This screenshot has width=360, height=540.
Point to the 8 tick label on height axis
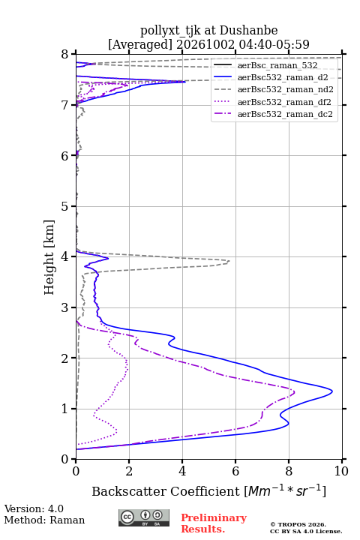pyautogui.click(x=65, y=55)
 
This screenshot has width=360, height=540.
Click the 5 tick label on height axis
pyautogui.click(x=65, y=207)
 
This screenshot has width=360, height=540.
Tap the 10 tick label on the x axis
pyautogui.click(x=341, y=471)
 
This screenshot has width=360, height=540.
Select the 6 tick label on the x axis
pyautogui.click(x=235, y=471)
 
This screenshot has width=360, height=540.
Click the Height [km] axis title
pyautogui.click(x=49, y=257)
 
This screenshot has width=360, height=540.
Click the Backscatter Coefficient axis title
pyautogui.click(x=208, y=490)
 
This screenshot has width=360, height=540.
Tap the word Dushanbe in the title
pyautogui.click(x=248, y=31)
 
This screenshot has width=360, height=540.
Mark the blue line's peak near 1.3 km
pyautogui.click(x=332, y=391)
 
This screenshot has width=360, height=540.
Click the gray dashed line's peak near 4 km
pyautogui.click(x=229, y=262)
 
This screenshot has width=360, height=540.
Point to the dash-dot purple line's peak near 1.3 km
pyautogui.click(x=295, y=391)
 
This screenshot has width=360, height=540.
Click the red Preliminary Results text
pyautogui.click(x=214, y=523)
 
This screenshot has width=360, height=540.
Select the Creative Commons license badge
pyautogui.click(x=144, y=517)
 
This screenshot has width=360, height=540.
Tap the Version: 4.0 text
pyautogui.click(x=34, y=508)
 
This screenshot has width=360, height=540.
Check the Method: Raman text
pyautogui.click(x=44, y=520)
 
